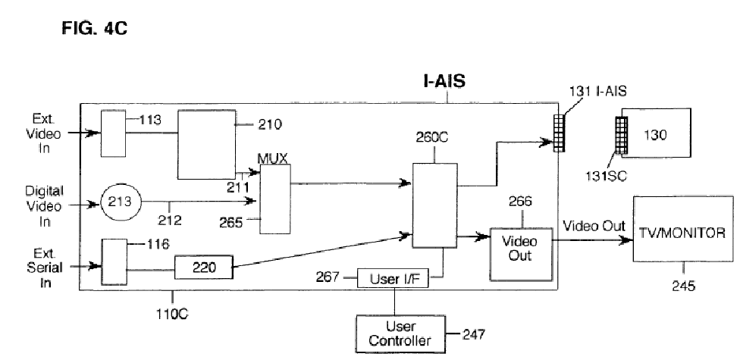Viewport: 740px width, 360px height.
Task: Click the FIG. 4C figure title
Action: pyautogui.click(x=94, y=29)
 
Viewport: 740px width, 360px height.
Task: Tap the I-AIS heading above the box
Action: pyautogui.click(x=444, y=81)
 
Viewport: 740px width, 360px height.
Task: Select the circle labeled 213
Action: pyautogui.click(x=121, y=202)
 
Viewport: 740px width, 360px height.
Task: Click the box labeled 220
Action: pyautogui.click(x=204, y=268)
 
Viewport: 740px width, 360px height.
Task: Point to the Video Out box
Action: pyautogui.click(x=521, y=254)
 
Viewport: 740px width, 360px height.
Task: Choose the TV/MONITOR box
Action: pyautogui.click(x=683, y=228)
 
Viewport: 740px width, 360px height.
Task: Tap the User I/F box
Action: pyautogui.click(x=393, y=278)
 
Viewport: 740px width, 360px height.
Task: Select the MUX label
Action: pyautogui.click(x=272, y=158)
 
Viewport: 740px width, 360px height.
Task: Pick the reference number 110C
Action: pyautogui.click(x=172, y=313)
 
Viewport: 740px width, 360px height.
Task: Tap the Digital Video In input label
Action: pyautogui.click(x=45, y=206)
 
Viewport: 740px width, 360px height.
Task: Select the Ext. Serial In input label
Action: pyautogui.click(x=45, y=268)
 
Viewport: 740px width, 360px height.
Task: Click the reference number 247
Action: pyautogui.click(x=473, y=334)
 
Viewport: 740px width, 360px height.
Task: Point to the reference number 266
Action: pyautogui.click(x=520, y=202)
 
